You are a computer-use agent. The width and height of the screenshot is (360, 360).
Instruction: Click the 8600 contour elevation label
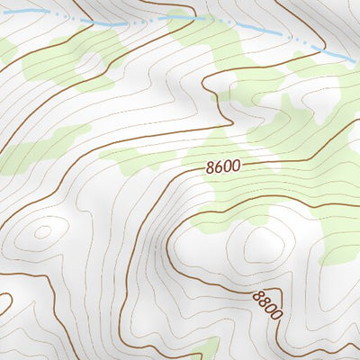223,166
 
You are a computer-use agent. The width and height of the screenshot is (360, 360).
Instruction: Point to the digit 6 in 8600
219,167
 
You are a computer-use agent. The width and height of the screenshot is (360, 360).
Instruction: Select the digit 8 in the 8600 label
211,168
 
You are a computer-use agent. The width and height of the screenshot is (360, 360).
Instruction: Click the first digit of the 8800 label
257,294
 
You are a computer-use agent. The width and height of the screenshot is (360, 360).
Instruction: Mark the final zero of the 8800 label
277,316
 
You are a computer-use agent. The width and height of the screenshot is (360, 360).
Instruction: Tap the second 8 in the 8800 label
264,301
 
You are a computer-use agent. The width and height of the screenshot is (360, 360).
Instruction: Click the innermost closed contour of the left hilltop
41,230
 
